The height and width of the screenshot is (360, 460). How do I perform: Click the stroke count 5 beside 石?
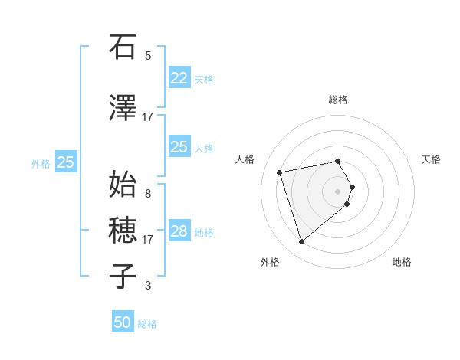148,55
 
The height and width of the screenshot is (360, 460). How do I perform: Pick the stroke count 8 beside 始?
148,193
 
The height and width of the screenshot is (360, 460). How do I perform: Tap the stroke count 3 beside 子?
148,286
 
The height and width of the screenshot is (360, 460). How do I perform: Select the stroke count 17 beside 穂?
148,239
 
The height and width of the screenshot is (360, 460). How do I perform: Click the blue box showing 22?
179,78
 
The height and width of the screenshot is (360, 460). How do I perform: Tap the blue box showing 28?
179,231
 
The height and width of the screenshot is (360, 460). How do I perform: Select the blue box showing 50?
123,322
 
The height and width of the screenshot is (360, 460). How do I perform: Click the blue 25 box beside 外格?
66,162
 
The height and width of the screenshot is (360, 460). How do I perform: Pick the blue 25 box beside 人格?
179,147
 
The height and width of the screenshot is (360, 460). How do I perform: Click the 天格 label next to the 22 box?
204,79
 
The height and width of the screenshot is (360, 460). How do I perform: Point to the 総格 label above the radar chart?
338,100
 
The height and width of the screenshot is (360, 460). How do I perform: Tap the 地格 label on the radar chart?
402,263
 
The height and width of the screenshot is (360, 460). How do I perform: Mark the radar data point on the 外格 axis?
301,241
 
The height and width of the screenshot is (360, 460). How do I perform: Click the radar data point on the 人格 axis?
280,172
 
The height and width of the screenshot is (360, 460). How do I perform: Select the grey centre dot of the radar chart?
337,191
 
